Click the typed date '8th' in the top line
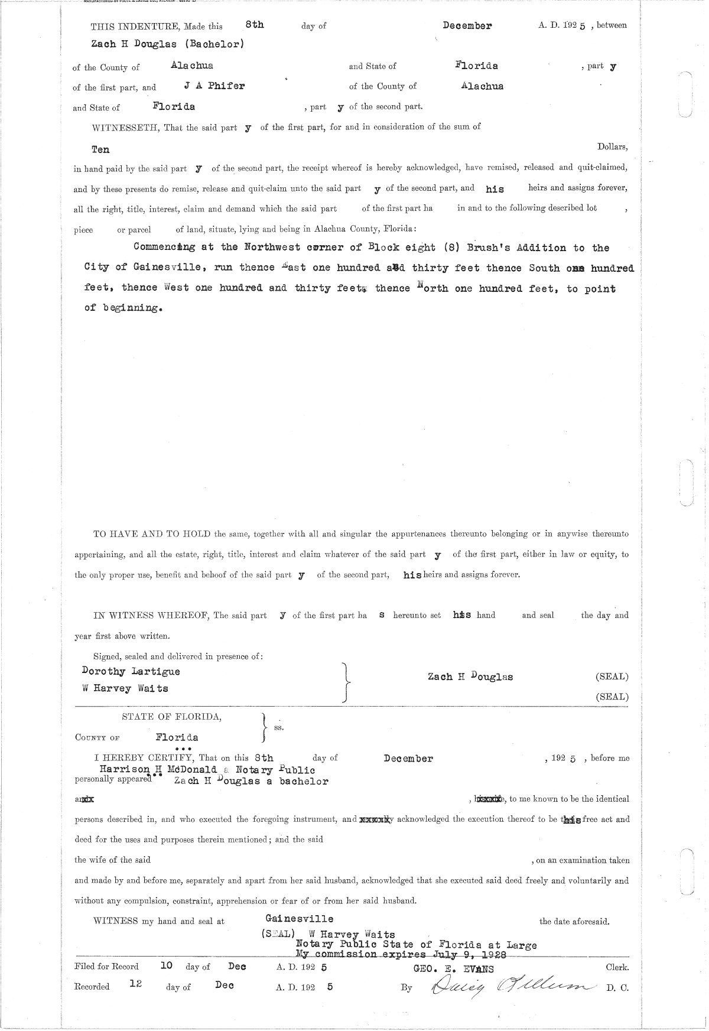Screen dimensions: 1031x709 coord(254,25)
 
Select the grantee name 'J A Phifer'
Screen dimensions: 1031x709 coord(214,86)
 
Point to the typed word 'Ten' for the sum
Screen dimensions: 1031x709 coord(100,150)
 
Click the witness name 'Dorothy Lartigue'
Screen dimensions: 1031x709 coord(131,671)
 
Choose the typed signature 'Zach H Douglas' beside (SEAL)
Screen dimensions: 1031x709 coord(470,677)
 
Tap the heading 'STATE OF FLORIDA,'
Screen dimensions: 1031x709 coord(172,717)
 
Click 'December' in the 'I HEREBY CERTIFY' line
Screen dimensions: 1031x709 coord(408,759)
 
